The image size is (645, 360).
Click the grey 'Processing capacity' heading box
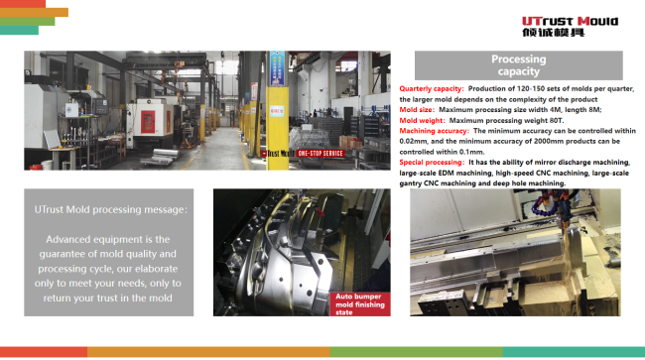click(517, 65)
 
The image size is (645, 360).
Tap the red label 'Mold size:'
click(418, 109)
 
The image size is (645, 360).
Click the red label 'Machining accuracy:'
click(435, 131)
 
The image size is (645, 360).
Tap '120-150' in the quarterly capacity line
click(529, 89)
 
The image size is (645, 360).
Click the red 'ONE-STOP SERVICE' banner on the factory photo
click(320, 154)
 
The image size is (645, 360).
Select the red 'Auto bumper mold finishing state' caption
click(359, 302)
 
